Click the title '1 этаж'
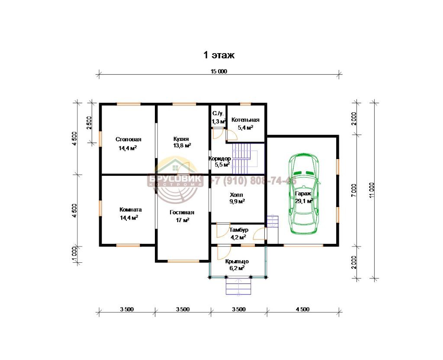coord(219,55)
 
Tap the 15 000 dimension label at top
coord(218,71)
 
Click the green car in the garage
coord(304,194)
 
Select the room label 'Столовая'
coord(128,139)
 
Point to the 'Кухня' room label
coord(181,139)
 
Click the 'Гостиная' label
coord(182,213)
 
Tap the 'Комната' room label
coord(131,210)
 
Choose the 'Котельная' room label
coord(245,120)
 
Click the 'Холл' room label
coord(237,195)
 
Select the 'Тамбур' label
coord(239,230)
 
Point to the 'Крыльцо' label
coord(237,261)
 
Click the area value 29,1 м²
coord(304,201)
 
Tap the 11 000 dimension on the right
coord(372,190)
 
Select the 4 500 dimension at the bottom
coord(302,309)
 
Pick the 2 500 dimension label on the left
coord(89,123)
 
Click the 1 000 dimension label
coord(74,255)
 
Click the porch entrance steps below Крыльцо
coord(238,286)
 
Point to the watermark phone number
coord(253,181)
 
